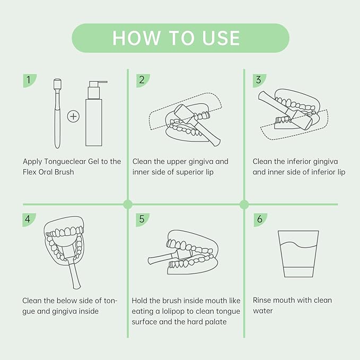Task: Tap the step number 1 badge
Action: point(29,81)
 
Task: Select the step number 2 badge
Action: point(143,81)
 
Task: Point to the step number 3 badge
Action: point(259,81)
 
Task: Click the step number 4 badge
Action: point(29,219)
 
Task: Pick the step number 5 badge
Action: point(142,219)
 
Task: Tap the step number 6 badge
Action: point(260,219)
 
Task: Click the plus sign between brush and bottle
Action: point(73,117)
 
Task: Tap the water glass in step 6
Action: point(298,254)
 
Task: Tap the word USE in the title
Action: point(221,38)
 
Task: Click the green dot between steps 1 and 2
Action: point(128,204)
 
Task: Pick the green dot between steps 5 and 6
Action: point(244,204)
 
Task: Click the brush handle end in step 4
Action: point(77,287)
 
